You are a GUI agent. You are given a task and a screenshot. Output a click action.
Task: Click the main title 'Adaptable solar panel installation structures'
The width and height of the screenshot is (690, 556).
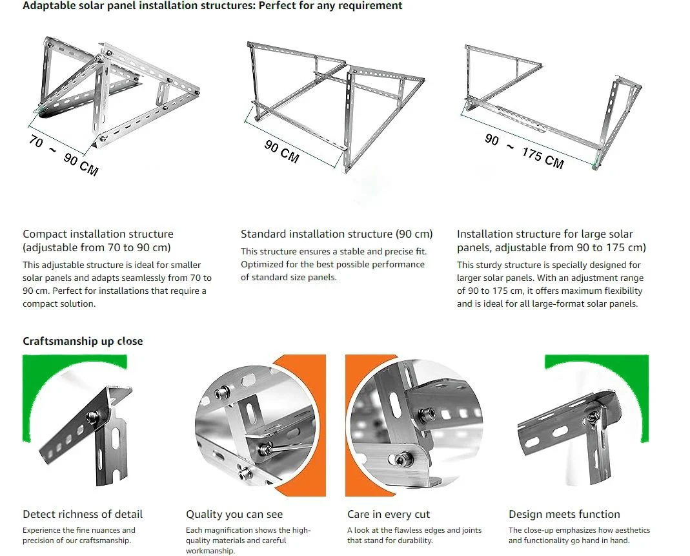click(x=212, y=6)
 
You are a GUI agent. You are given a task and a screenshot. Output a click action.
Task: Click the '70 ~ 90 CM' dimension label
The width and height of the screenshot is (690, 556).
click(x=63, y=156)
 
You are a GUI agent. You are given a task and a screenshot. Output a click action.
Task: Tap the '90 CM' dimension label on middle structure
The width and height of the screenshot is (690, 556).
click(x=281, y=152)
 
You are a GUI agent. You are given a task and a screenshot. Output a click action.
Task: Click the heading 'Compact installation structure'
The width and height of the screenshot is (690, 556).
click(x=98, y=234)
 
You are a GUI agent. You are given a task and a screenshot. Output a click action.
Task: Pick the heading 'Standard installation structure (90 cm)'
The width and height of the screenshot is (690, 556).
click(x=336, y=234)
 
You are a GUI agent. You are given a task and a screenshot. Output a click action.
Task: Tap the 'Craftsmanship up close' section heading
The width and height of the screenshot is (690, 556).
click(x=83, y=341)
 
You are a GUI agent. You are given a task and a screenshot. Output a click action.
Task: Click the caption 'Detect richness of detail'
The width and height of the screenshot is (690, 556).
click(x=83, y=514)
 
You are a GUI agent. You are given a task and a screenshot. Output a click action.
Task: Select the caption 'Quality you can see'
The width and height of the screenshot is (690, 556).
click(x=234, y=514)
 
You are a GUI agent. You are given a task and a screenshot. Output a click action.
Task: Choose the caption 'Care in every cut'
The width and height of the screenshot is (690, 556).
click(x=389, y=514)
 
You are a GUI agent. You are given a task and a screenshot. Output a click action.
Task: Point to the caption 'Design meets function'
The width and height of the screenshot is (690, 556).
click(x=564, y=514)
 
